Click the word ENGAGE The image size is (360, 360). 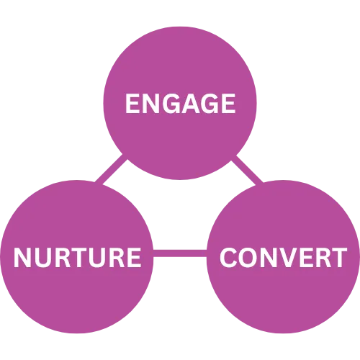click(180, 104)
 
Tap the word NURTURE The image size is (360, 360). click(77, 257)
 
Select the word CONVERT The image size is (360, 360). click(283, 257)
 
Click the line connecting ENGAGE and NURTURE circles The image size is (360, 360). click(111, 168)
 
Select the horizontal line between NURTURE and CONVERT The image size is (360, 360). click(180, 253)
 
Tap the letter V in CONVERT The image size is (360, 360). click(286, 257)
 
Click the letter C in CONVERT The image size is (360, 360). click(228, 257)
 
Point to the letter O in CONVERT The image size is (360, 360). click(247, 257)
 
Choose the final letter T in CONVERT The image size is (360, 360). click(339, 257)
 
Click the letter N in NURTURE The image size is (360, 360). click(22, 257)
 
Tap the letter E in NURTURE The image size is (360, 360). click(134, 257)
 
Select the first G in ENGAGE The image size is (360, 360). click(169, 104)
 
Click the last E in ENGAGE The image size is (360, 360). click(228, 104)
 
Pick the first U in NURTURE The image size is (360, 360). click(42, 257)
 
